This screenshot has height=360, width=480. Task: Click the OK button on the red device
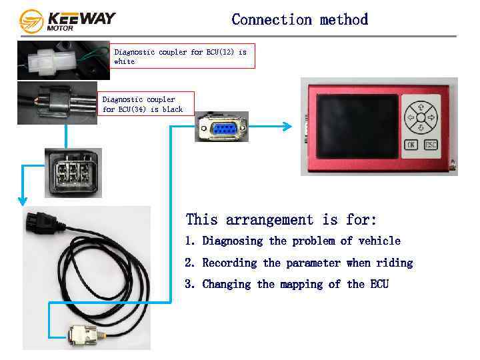411,145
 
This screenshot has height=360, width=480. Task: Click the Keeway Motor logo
67,21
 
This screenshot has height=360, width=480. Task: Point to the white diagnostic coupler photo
63,60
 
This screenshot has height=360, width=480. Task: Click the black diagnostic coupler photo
57,103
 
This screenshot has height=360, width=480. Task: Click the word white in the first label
125,61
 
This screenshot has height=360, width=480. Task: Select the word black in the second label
172,109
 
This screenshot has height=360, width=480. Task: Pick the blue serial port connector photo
221,127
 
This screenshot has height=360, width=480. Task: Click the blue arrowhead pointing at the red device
287,127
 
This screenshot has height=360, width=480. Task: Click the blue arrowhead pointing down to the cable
22,199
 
